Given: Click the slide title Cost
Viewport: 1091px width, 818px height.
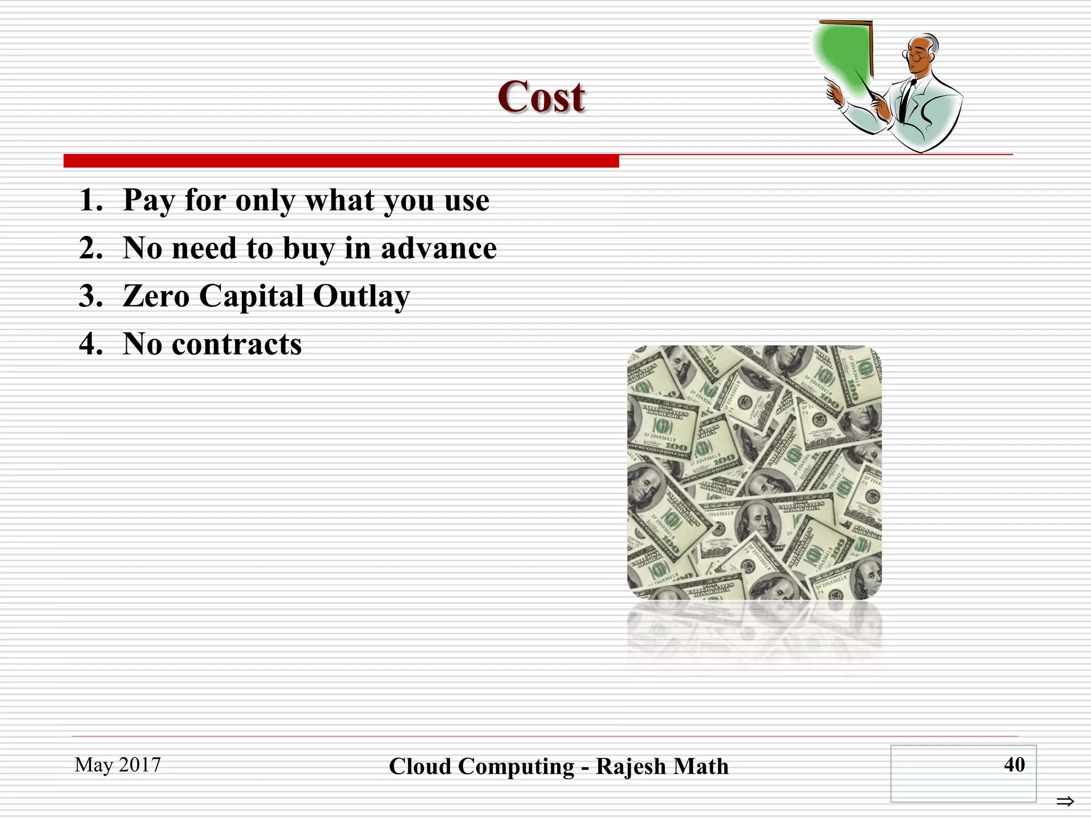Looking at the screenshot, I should (541, 97).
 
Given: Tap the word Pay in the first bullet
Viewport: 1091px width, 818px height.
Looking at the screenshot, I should (148, 201).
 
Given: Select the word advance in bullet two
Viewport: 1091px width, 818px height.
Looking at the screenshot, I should (438, 249).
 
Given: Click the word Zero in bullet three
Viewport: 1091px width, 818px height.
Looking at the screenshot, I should (156, 296).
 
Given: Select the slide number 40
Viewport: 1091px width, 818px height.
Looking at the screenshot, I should (1014, 765).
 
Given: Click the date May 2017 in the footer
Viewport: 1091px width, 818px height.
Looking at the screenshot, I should (118, 765).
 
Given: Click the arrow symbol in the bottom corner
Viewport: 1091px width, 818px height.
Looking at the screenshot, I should (1065, 801).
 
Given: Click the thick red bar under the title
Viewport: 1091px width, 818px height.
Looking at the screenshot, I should (341, 161).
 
